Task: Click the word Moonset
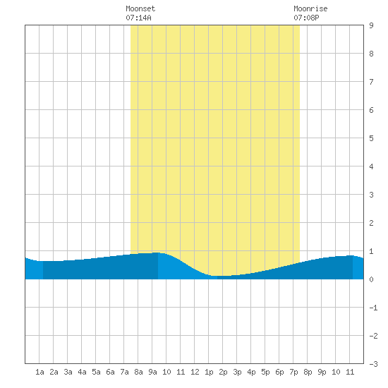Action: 140,8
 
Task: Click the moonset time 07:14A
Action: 138,18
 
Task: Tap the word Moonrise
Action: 310,8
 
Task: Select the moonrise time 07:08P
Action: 306,18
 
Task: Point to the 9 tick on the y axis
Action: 371,25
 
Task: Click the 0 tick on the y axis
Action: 371,279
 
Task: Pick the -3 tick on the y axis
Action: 373,364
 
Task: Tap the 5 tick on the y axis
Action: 371,138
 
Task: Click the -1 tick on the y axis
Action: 373,308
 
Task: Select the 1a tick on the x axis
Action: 40,372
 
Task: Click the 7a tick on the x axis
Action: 124,372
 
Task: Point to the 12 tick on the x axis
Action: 195,372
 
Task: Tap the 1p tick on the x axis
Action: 209,372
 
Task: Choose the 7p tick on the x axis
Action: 293,372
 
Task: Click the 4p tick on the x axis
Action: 251,372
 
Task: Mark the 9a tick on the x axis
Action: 152,372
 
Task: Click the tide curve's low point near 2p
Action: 221,276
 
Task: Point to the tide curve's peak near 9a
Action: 157,253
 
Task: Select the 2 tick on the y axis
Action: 371,223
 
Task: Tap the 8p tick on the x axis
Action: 308,372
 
